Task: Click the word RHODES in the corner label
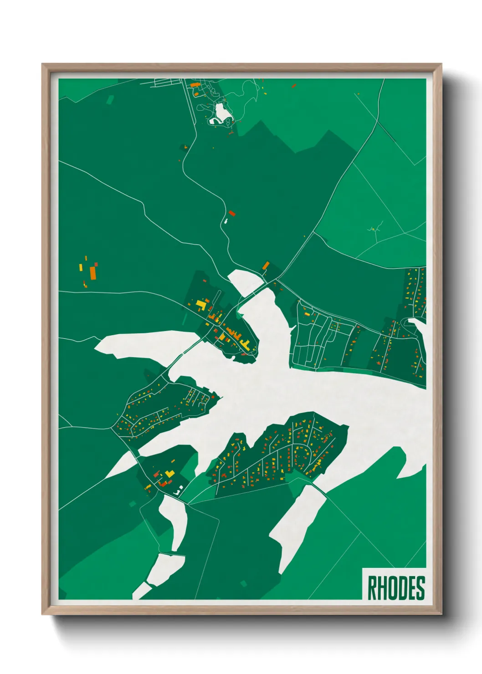pos(395,588)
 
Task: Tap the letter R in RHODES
pos(372,588)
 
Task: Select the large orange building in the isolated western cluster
pos(93,273)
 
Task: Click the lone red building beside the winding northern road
pos(232,213)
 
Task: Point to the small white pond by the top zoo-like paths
pos(221,113)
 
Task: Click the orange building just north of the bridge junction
pos(266,265)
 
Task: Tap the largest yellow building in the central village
pos(200,304)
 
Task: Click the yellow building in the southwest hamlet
pos(170,474)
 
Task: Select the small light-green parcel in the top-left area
pos(110,99)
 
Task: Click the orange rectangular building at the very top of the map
pos(195,85)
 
